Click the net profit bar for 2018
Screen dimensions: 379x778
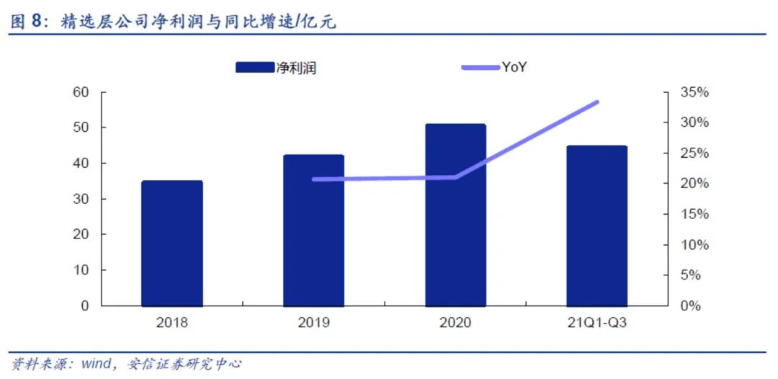(x=171, y=243)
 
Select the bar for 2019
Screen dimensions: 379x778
(x=313, y=230)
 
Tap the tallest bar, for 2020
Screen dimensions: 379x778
(x=455, y=215)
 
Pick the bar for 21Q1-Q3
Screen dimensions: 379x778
(x=596, y=226)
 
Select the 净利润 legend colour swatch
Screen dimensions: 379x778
(x=255, y=68)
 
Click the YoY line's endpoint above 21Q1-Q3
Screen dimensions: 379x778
(x=597, y=102)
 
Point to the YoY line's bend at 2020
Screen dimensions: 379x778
(x=455, y=177)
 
